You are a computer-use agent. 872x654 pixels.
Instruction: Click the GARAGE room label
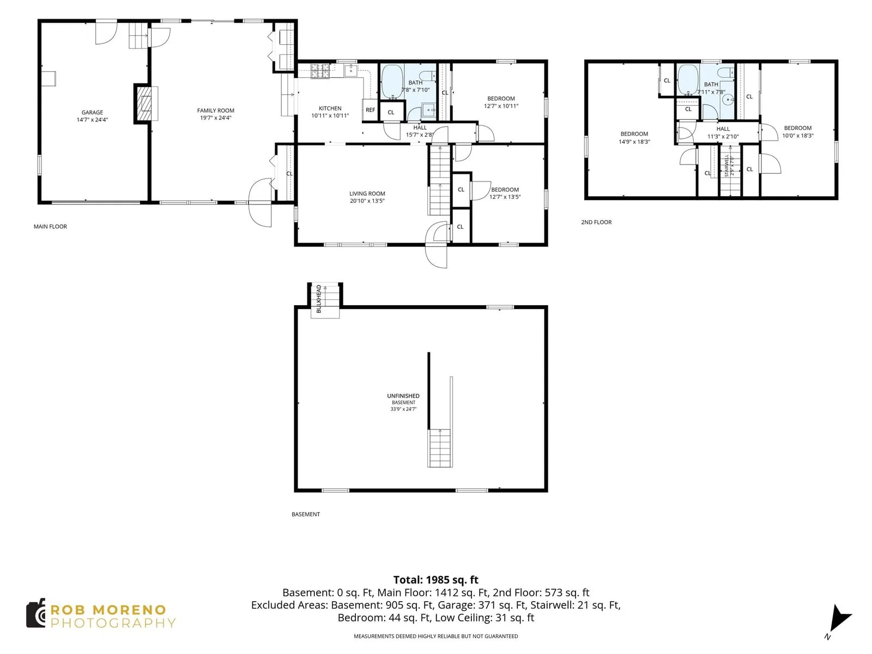(x=92, y=112)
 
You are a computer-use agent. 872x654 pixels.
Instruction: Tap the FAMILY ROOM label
(x=216, y=111)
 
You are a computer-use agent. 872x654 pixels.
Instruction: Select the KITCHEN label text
(x=330, y=108)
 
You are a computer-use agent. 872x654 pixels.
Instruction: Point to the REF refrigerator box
(x=370, y=110)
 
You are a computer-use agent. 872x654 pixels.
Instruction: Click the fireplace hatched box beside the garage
(x=144, y=104)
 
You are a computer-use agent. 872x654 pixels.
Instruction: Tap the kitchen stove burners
(x=320, y=71)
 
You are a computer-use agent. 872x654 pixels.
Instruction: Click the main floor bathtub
(x=392, y=82)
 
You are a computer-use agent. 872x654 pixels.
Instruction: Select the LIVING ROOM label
(x=367, y=194)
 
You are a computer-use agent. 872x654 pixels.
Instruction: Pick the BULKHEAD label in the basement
(x=319, y=299)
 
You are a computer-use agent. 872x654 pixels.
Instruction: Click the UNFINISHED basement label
(x=403, y=396)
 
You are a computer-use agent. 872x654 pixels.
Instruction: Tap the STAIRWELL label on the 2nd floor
(x=726, y=166)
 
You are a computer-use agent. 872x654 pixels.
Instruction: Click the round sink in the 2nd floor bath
(x=728, y=100)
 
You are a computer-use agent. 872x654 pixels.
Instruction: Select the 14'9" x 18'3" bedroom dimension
(x=634, y=142)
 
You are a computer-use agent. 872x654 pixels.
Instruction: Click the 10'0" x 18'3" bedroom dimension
(x=798, y=136)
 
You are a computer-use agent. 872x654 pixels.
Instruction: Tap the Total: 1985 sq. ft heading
(x=436, y=580)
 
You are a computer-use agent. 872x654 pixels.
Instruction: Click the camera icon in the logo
(x=36, y=613)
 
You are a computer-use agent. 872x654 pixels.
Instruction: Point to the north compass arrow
(x=840, y=617)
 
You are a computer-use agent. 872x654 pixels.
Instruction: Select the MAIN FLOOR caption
(x=50, y=227)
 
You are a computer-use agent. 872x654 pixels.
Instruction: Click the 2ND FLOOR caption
(x=596, y=222)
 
